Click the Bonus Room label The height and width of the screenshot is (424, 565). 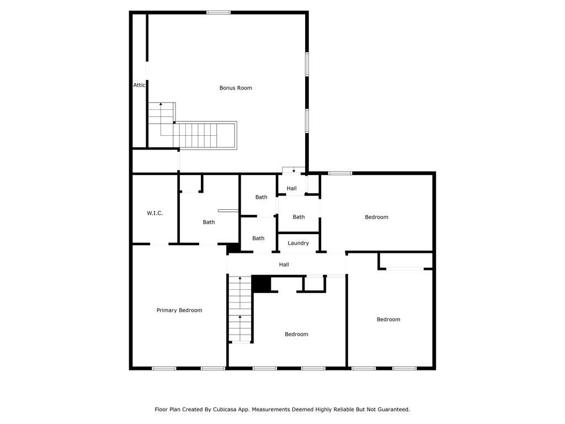(236, 88)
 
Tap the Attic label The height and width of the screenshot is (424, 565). (140, 85)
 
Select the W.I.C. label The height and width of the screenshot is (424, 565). (154, 213)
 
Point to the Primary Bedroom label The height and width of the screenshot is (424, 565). (179, 310)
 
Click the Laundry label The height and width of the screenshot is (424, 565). (298, 243)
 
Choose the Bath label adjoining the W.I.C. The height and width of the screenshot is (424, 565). (209, 222)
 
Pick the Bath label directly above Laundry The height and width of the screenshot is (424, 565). (299, 217)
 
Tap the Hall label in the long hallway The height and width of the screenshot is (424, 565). (284, 264)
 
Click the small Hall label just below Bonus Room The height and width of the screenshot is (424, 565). (291, 188)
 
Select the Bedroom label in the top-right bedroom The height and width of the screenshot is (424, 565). (376, 217)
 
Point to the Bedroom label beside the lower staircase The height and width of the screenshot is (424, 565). (296, 334)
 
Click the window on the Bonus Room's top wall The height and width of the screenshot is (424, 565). (218, 12)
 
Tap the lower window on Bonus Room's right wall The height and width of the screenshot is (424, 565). (307, 121)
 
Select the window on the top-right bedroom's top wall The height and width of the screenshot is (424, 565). (340, 173)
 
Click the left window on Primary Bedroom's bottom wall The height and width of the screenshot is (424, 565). (164, 368)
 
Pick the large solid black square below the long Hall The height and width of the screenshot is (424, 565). (261, 284)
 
